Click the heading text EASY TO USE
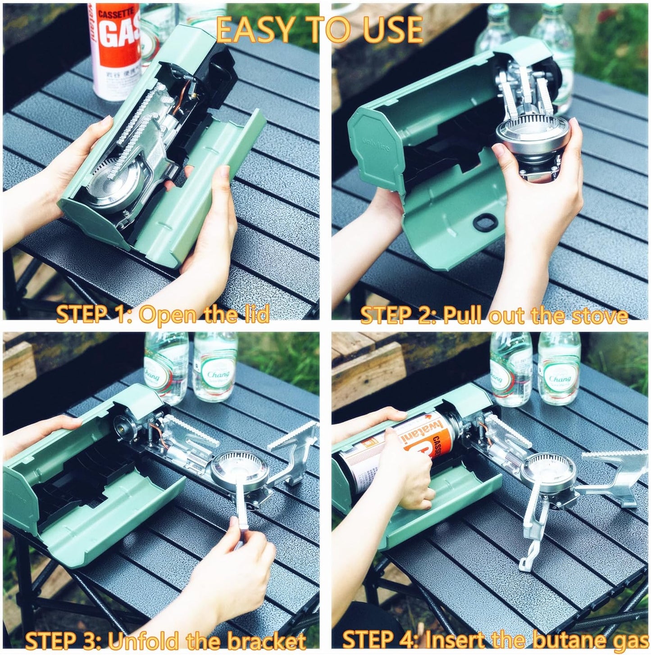[x=319, y=30]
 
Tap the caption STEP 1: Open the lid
[x=163, y=314]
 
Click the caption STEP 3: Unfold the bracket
[x=165, y=640]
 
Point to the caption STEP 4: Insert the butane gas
[x=495, y=640]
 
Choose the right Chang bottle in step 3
[x=215, y=367]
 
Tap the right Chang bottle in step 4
[x=559, y=369]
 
